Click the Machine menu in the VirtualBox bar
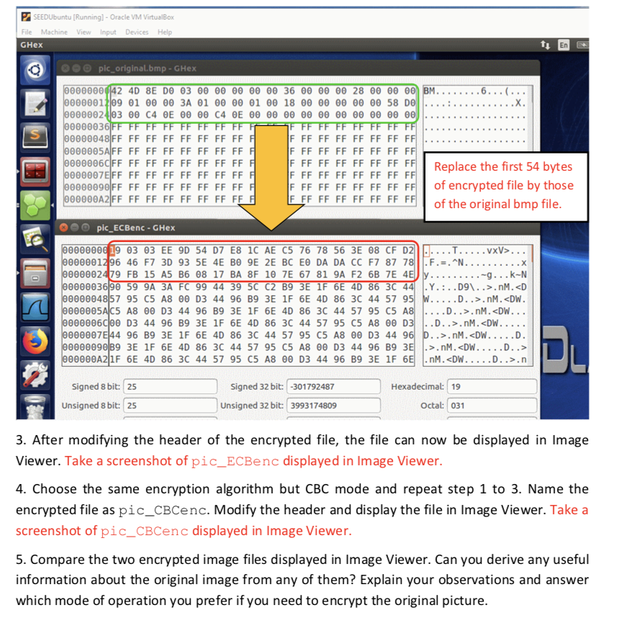pos(54,32)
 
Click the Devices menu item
pos(136,32)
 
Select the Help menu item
pos(165,32)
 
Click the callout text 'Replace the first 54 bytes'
pos(503,167)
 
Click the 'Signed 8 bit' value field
pos(170,387)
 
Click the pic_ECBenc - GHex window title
pos(136,228)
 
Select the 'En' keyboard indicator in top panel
pos(563,45)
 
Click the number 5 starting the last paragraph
pos(19,560)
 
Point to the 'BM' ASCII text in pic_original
pos(431,91)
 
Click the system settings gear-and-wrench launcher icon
pos(33,375)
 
